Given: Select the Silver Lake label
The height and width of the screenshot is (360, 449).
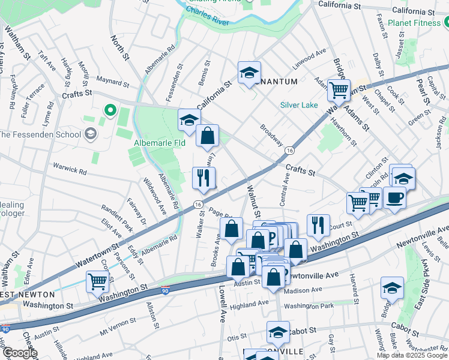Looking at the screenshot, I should tap(299, 105).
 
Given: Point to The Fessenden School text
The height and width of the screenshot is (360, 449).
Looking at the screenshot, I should tap(41, 134).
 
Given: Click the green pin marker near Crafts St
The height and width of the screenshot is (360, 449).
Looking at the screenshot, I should tap(110, 110).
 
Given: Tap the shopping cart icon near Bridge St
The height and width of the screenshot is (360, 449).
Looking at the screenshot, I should tap(339, 90).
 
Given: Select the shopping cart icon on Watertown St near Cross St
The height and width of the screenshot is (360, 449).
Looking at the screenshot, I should tap(97, 281).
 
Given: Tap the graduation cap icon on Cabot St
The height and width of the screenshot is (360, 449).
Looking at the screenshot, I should tap(278, 332).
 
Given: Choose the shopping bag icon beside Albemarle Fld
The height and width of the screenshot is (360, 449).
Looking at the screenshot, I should tap(207, 136).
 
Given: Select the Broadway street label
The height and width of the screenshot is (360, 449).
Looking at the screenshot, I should tap(271, 135).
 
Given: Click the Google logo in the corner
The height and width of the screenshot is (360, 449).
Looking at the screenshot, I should tap(19, 353).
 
